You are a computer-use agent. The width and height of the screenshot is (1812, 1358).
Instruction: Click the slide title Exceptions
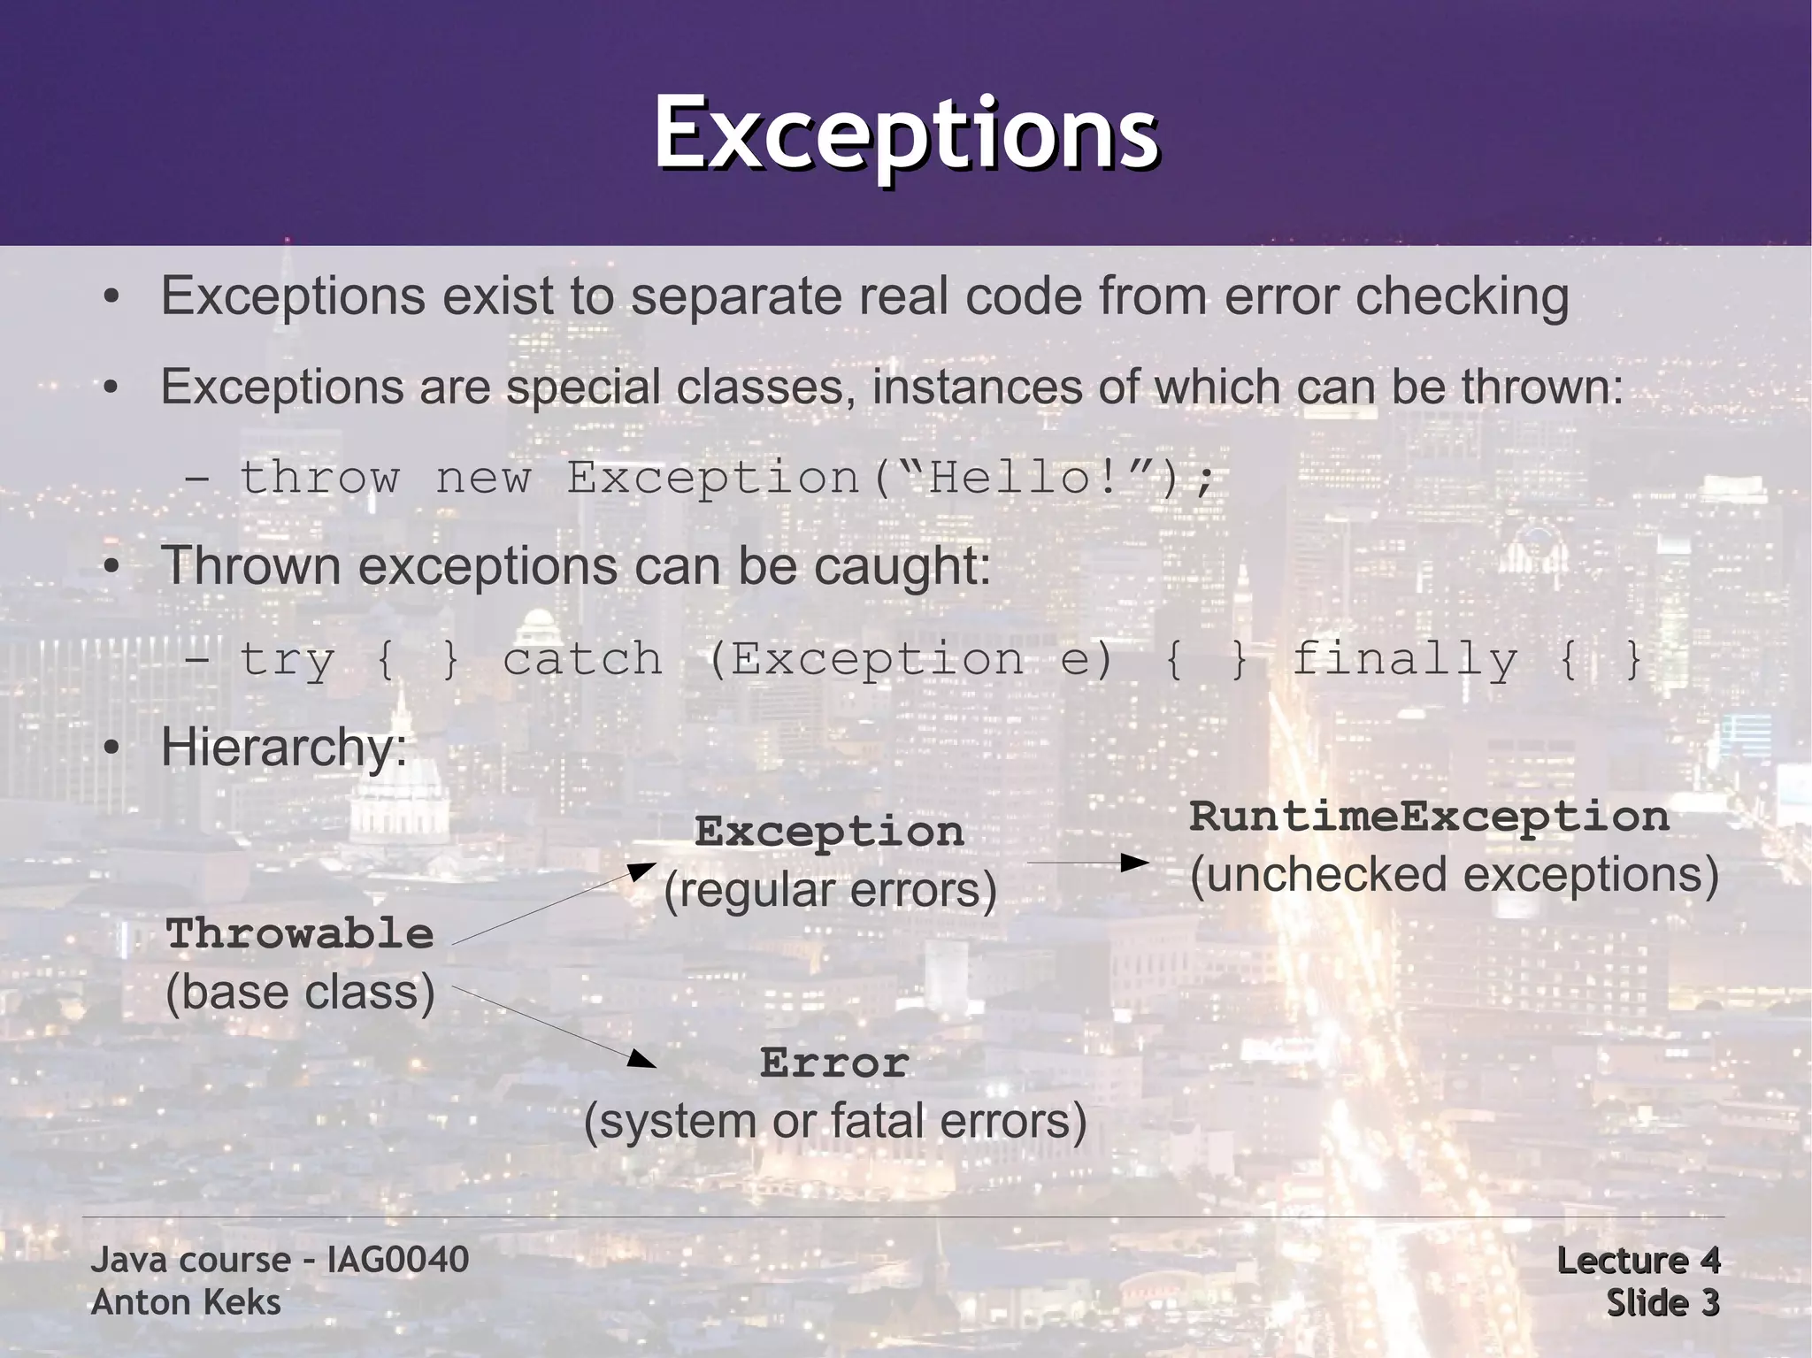point(906,134)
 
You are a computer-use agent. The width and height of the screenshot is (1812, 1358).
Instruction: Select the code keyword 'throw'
point(319,479)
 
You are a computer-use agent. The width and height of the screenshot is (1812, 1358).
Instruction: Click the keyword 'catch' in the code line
point(582,660)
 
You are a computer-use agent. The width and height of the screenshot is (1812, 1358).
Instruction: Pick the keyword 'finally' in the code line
point(1405,660)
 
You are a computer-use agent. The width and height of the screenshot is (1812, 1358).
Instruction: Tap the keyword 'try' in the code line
point(287,660)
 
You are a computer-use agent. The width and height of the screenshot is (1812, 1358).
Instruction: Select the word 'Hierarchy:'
point(284,748)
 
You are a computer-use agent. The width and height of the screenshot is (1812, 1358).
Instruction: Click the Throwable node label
point(300,934)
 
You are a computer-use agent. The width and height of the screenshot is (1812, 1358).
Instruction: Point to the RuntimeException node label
point(1429,817)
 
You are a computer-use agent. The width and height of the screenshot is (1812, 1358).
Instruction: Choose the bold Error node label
point(834,1063)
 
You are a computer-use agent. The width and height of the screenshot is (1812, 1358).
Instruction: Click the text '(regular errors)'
point(830,890)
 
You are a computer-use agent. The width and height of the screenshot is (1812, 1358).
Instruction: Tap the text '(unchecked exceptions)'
point(1454,875)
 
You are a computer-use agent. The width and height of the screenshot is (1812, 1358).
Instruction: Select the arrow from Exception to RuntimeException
point(1087,863)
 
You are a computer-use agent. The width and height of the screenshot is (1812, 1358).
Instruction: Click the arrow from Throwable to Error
point(553,1026)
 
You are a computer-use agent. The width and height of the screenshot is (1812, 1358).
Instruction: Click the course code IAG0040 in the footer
point(397,1260)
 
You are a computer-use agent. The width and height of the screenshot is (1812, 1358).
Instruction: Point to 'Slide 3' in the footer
point(1662,1303)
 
